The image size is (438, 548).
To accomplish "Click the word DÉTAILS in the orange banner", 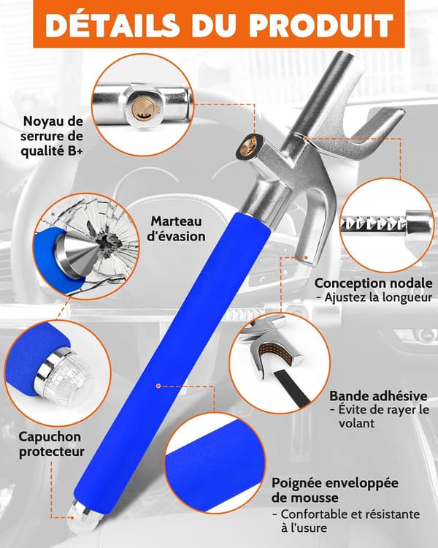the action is [112, 25].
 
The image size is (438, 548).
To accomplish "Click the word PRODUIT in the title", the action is [321, 25].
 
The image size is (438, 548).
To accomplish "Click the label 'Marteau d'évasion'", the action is [176, 229].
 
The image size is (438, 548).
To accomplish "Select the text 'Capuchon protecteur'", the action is [51, 444].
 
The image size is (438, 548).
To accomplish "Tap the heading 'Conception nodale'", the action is [373, 283].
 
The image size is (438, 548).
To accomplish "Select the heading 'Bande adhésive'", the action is [378, 396].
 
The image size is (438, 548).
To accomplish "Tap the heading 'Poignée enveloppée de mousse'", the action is [334, 490].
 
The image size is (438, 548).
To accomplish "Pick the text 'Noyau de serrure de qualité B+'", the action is [52, 137].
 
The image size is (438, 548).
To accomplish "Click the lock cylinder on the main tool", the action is [250, 146].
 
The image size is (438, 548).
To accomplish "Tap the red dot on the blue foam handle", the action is [158, 386].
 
